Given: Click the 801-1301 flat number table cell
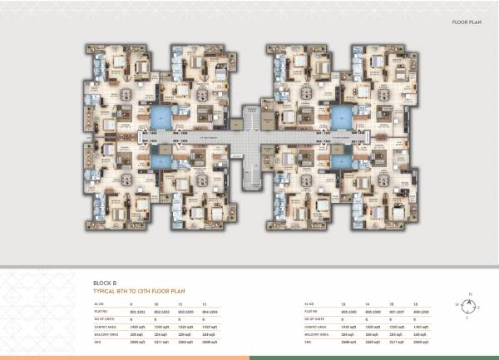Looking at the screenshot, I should [x=138, y=310].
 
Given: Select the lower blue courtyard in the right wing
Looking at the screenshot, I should [x=340, y=160].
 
